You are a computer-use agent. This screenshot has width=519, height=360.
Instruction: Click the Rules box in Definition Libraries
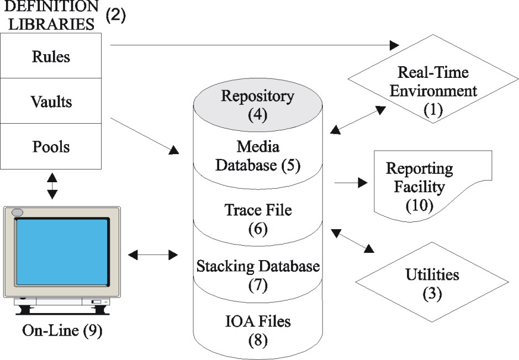[51, 56]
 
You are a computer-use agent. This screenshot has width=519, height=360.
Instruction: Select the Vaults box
[51, 101]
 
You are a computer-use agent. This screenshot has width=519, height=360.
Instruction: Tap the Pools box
[51, 146]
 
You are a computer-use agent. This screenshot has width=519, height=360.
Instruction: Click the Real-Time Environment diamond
[433, 79]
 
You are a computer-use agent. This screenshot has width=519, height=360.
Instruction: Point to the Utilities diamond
[432, 282]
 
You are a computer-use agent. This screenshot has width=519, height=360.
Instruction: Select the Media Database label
[258, 156]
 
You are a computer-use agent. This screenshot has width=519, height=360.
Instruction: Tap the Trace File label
[258, 219]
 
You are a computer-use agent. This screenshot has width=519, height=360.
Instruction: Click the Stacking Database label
[258, 275]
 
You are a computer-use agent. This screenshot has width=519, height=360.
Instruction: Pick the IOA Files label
[258, 331]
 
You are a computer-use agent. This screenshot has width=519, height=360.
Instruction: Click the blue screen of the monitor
[62, 252]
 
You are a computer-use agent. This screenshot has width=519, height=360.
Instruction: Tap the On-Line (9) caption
[62, 330]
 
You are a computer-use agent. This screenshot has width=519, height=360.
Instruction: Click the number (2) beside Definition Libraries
[116, 15]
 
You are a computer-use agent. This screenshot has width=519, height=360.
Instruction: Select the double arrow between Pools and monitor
[52, 186]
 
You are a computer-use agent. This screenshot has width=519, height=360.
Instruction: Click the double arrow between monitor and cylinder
[153, 255]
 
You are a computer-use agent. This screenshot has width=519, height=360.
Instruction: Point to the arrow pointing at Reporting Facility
[351, 182]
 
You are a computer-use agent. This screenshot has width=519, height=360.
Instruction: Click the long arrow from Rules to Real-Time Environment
[255, 45]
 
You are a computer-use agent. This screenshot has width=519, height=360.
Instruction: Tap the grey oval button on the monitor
[17, 213]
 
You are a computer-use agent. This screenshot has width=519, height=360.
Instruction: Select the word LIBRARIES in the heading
[51, 24]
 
